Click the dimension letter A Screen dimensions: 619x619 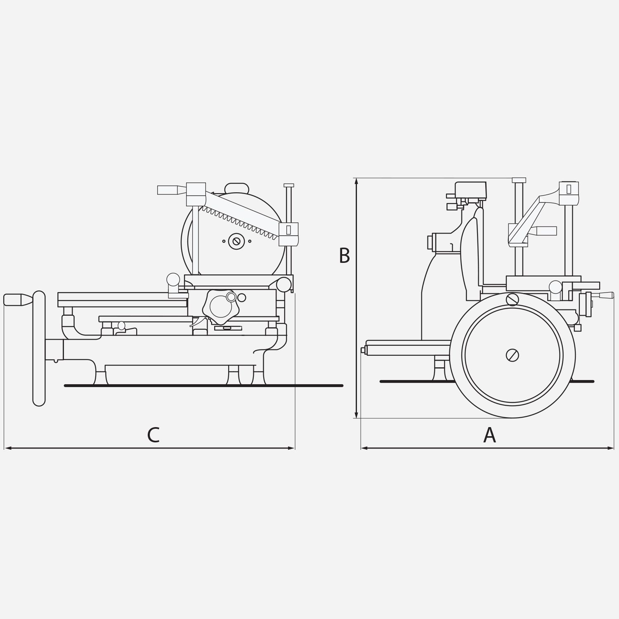click(x=489, y=435)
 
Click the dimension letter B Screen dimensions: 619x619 click(x=344, y=256)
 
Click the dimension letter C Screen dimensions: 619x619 click(x=153, y=435)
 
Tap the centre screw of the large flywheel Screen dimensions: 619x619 click(x=512, y=355)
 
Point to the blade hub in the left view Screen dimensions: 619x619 click(x=236, y=241)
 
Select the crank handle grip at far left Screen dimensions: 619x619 click(x=16, y=300)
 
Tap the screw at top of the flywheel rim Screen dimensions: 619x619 click(x=512, y=299)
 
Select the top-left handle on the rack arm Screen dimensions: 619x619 click(x=168, y=190)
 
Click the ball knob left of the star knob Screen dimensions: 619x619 click(x=173, y=280)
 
